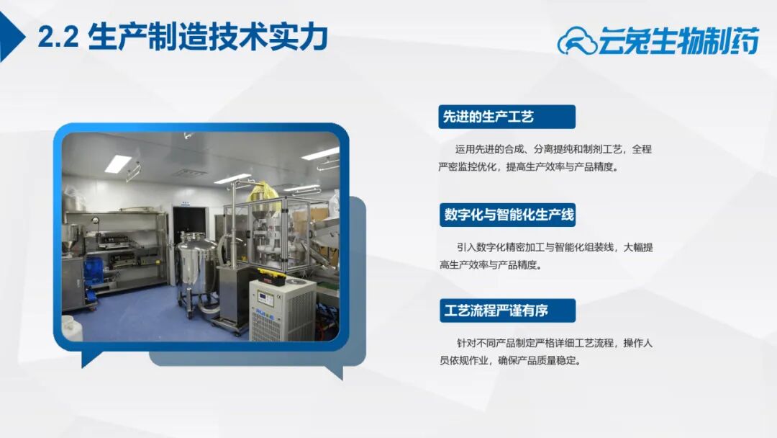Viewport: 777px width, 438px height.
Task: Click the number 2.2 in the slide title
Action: [x=58, y=37]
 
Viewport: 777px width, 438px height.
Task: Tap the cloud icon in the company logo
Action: [x=577, y=40]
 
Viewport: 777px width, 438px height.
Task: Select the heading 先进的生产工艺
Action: [x=488, y=117]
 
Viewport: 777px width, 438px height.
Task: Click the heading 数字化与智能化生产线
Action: [x=509, y=215]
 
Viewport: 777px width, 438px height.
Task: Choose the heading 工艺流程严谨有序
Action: [x=496, y=310]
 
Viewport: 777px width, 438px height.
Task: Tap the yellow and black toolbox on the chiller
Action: [x=271, y=277]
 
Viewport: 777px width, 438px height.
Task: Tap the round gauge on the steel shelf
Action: [x=95, y=220]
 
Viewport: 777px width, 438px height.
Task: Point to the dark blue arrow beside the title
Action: [x=10, y=37]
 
